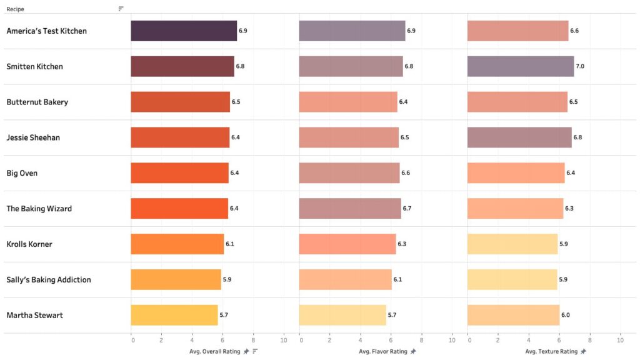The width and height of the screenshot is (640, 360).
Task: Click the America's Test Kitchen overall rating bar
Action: (x=184, y=31)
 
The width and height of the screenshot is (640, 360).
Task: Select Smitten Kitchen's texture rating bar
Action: (x=521, y=66)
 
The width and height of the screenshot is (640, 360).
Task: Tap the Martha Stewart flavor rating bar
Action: (x=342, y=315)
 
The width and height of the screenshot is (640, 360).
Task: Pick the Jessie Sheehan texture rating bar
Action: (x=519, y=137)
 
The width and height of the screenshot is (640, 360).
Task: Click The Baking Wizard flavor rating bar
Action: (x=350, y=208)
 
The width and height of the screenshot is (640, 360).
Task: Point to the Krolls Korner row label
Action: (x=29, y=244)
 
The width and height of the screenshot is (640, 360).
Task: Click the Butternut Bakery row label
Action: (x=37, y=102)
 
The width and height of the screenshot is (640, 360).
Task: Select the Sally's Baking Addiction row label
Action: (x=49, y=280)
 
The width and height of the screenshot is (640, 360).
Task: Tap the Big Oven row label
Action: (x=22, y=173)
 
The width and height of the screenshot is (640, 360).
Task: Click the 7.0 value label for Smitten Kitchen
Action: (x=580, y=66)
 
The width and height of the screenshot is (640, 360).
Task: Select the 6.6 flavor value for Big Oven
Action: (x=405, y=173)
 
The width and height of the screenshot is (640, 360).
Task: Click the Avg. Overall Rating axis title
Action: (x=214, y=352)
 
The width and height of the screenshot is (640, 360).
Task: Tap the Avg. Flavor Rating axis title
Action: (x=383, y=352)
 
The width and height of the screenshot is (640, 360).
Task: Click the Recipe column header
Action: (x=16, y=9)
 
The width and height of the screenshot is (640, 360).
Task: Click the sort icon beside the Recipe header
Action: (x=121, y=9)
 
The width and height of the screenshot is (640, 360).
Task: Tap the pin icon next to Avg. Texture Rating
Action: (x=583, y=352)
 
